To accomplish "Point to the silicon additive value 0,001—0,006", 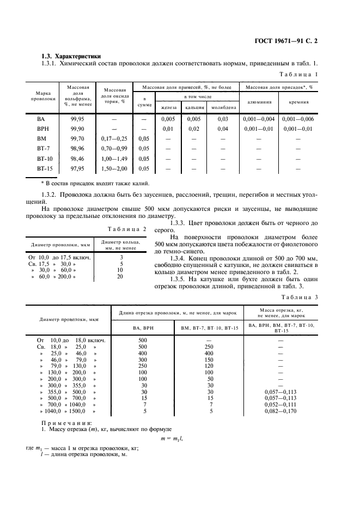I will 298,119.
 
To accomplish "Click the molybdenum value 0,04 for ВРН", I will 222,129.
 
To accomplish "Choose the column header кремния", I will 298,101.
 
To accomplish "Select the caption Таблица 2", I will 127,229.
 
